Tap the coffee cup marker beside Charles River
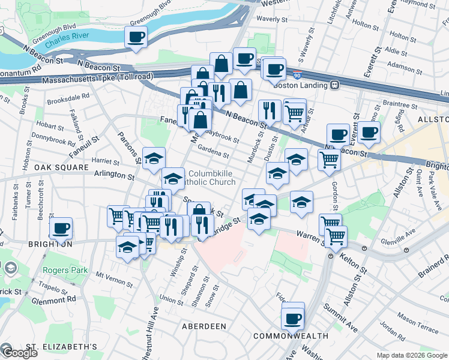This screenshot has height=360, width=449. [136, 38]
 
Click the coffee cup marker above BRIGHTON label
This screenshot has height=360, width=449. [61, 229]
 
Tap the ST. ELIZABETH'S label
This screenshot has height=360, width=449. [61, 347]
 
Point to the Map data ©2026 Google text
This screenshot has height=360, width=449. [412, 355]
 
